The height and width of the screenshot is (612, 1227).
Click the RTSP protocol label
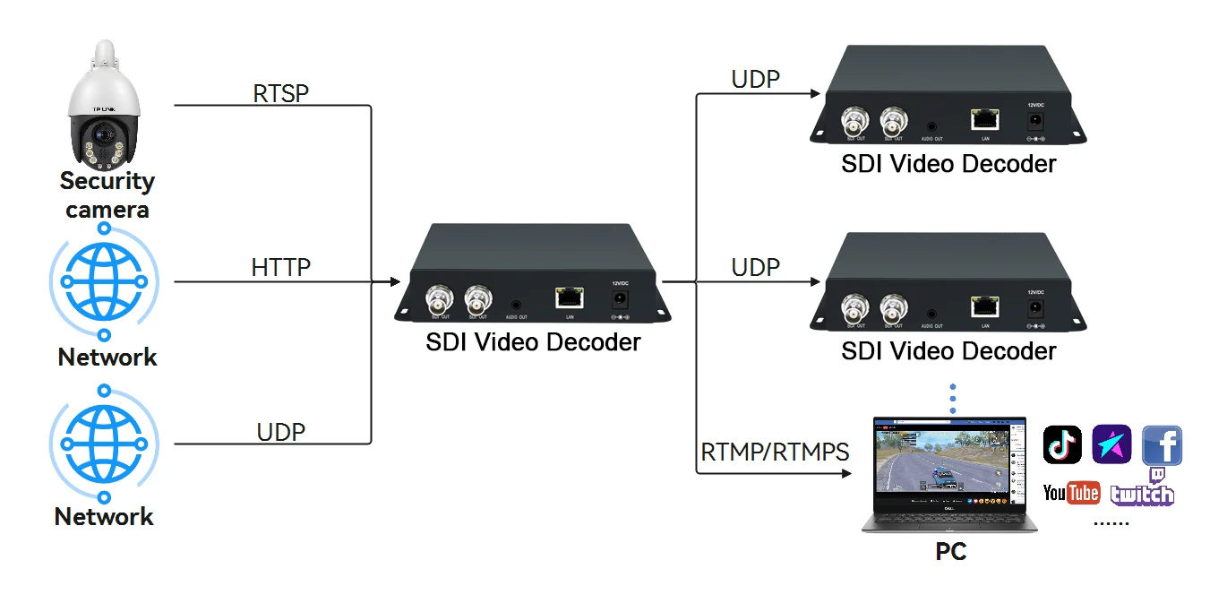(x=280, y=92)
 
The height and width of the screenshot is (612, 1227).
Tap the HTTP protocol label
(x=280, y=267)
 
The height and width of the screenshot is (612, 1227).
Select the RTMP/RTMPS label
(x=775, y=452)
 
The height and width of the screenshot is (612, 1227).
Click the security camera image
(x=106, y=107)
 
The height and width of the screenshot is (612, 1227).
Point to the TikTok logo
(x=1062, y=445)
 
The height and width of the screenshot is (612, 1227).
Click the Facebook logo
(x=1162, y=445)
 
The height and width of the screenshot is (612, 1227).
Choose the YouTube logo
(x=1071, y=493)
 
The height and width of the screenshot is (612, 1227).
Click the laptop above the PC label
(x=949, y=475)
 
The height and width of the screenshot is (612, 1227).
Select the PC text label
(x=950, y=551)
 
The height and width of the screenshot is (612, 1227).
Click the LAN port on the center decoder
(x=570, y=297)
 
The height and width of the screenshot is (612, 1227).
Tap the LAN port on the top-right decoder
(x=985, y=119)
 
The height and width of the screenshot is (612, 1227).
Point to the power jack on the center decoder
(x=619, y=299)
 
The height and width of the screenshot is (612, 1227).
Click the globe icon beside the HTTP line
(x=105, y=281)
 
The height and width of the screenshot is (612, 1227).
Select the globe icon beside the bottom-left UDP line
(x=105, y=444)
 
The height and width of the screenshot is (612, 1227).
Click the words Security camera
(x=107, y=195)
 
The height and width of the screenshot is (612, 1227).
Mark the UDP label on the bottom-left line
(x=280, y=432)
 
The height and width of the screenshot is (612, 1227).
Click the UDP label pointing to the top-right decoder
(x=755, y=79)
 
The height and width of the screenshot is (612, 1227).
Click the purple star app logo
(x=1111, y=445)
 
